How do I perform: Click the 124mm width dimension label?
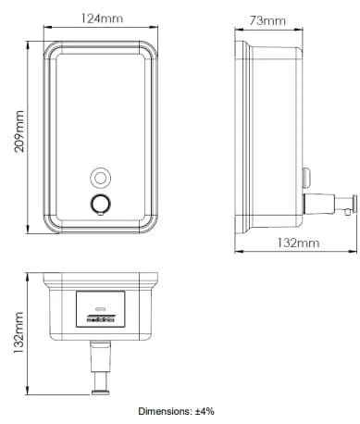pyautogui.click(x=102, y=19)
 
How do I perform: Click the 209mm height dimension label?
pyautogui.click(x=19, y=131)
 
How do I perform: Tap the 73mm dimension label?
pyautogui.click(x=267, y=20)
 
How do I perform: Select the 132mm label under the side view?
pyautogui.click(x=298, y=243)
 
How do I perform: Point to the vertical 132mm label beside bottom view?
pyautogui.click(x=19, y=332)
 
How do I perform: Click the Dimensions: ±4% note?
pyautogui.click(x=176, y=411)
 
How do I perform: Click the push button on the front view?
pyautogui.click(x=100, y=204)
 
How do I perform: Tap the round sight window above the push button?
pyautogui.click(x=100, y=178)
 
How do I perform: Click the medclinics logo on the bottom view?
pyautogui.click(x=101, y=318)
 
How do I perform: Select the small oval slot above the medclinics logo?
pyautogui.click(x=101, y=308)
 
